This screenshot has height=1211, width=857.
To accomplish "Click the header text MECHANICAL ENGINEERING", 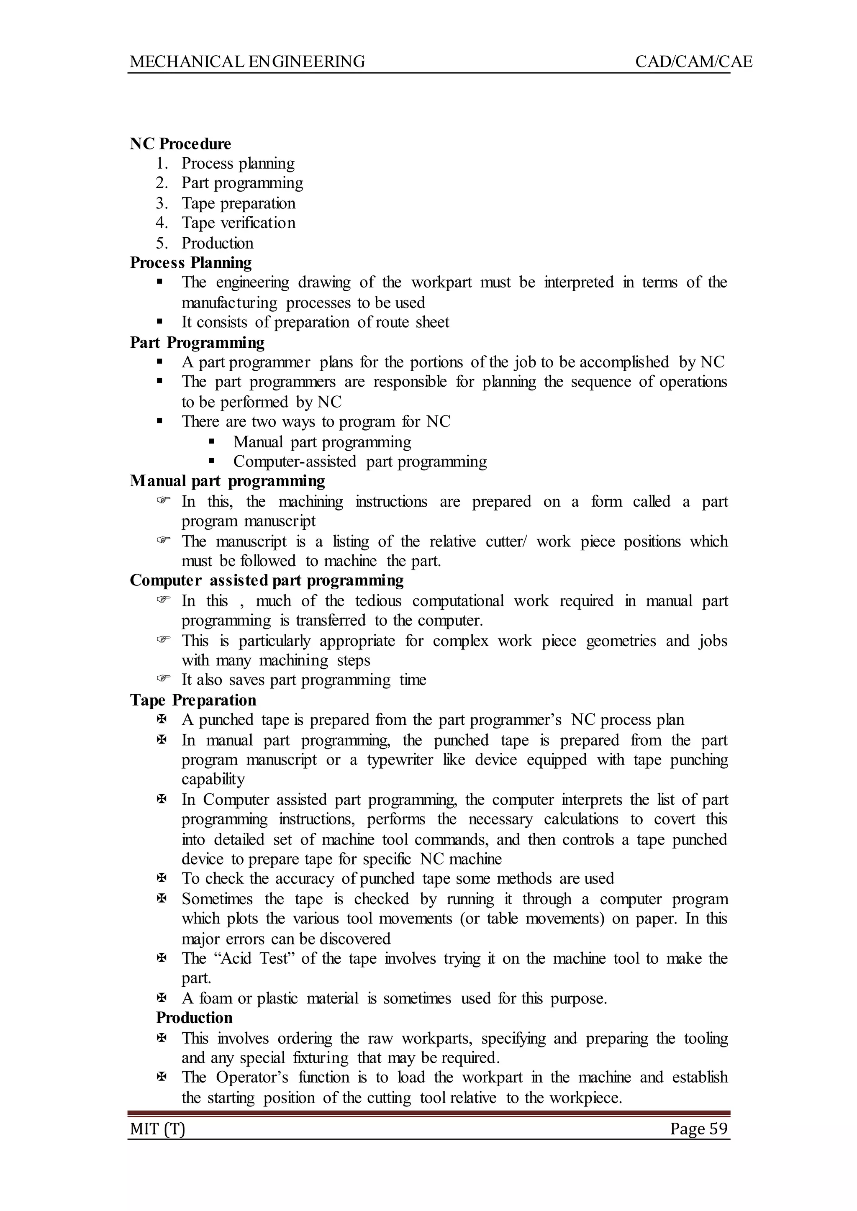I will click(247, 62).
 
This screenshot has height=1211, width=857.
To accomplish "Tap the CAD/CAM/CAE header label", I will click(693, 62).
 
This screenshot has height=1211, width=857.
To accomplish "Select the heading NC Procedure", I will click(180, 144).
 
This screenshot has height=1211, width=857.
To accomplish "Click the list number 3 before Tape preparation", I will click(162, 203).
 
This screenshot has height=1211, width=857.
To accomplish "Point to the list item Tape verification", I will click(239, 223).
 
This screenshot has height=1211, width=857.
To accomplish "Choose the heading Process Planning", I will click(191, 262).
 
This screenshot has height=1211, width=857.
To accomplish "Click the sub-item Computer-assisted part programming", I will click(360, 461).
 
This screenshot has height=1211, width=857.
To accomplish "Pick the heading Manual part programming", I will click(228, 481).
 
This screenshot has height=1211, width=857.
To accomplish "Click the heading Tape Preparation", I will click(193, 700).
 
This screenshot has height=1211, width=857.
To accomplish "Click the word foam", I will click(216, 998).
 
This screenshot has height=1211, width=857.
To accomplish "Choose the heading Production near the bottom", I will click(194, 1018).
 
